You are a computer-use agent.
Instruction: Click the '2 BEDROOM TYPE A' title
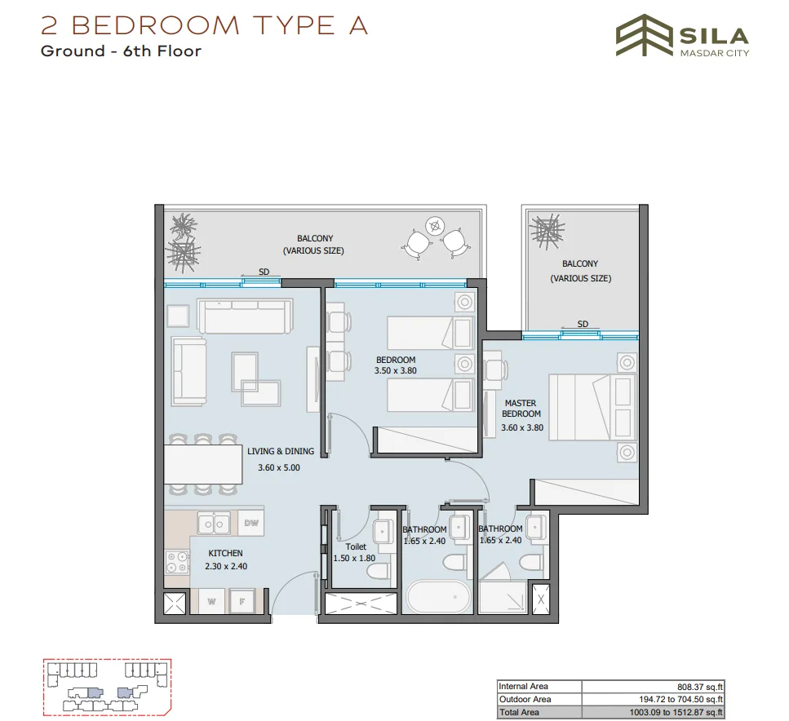point(205,25)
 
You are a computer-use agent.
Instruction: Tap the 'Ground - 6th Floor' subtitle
point(121,51)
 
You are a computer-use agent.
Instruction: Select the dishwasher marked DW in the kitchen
point(251,524)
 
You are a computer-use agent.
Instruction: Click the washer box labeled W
point(211,602)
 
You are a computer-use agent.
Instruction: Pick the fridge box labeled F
point(242,602)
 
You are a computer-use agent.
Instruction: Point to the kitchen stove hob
point(176,562)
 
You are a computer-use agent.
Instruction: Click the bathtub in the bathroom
point(438,598)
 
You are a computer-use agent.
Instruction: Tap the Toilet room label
point(357,547)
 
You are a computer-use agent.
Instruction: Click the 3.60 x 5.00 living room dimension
point(279,468)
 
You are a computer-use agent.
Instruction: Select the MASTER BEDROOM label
point(520,409)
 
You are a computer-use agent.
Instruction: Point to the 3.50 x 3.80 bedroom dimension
point(396,370)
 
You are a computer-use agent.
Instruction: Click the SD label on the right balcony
point(583,324)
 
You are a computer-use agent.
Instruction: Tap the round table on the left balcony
point(436,227)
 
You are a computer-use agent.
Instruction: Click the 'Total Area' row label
point(519,713)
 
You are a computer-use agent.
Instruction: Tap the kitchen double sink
point(215,523)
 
